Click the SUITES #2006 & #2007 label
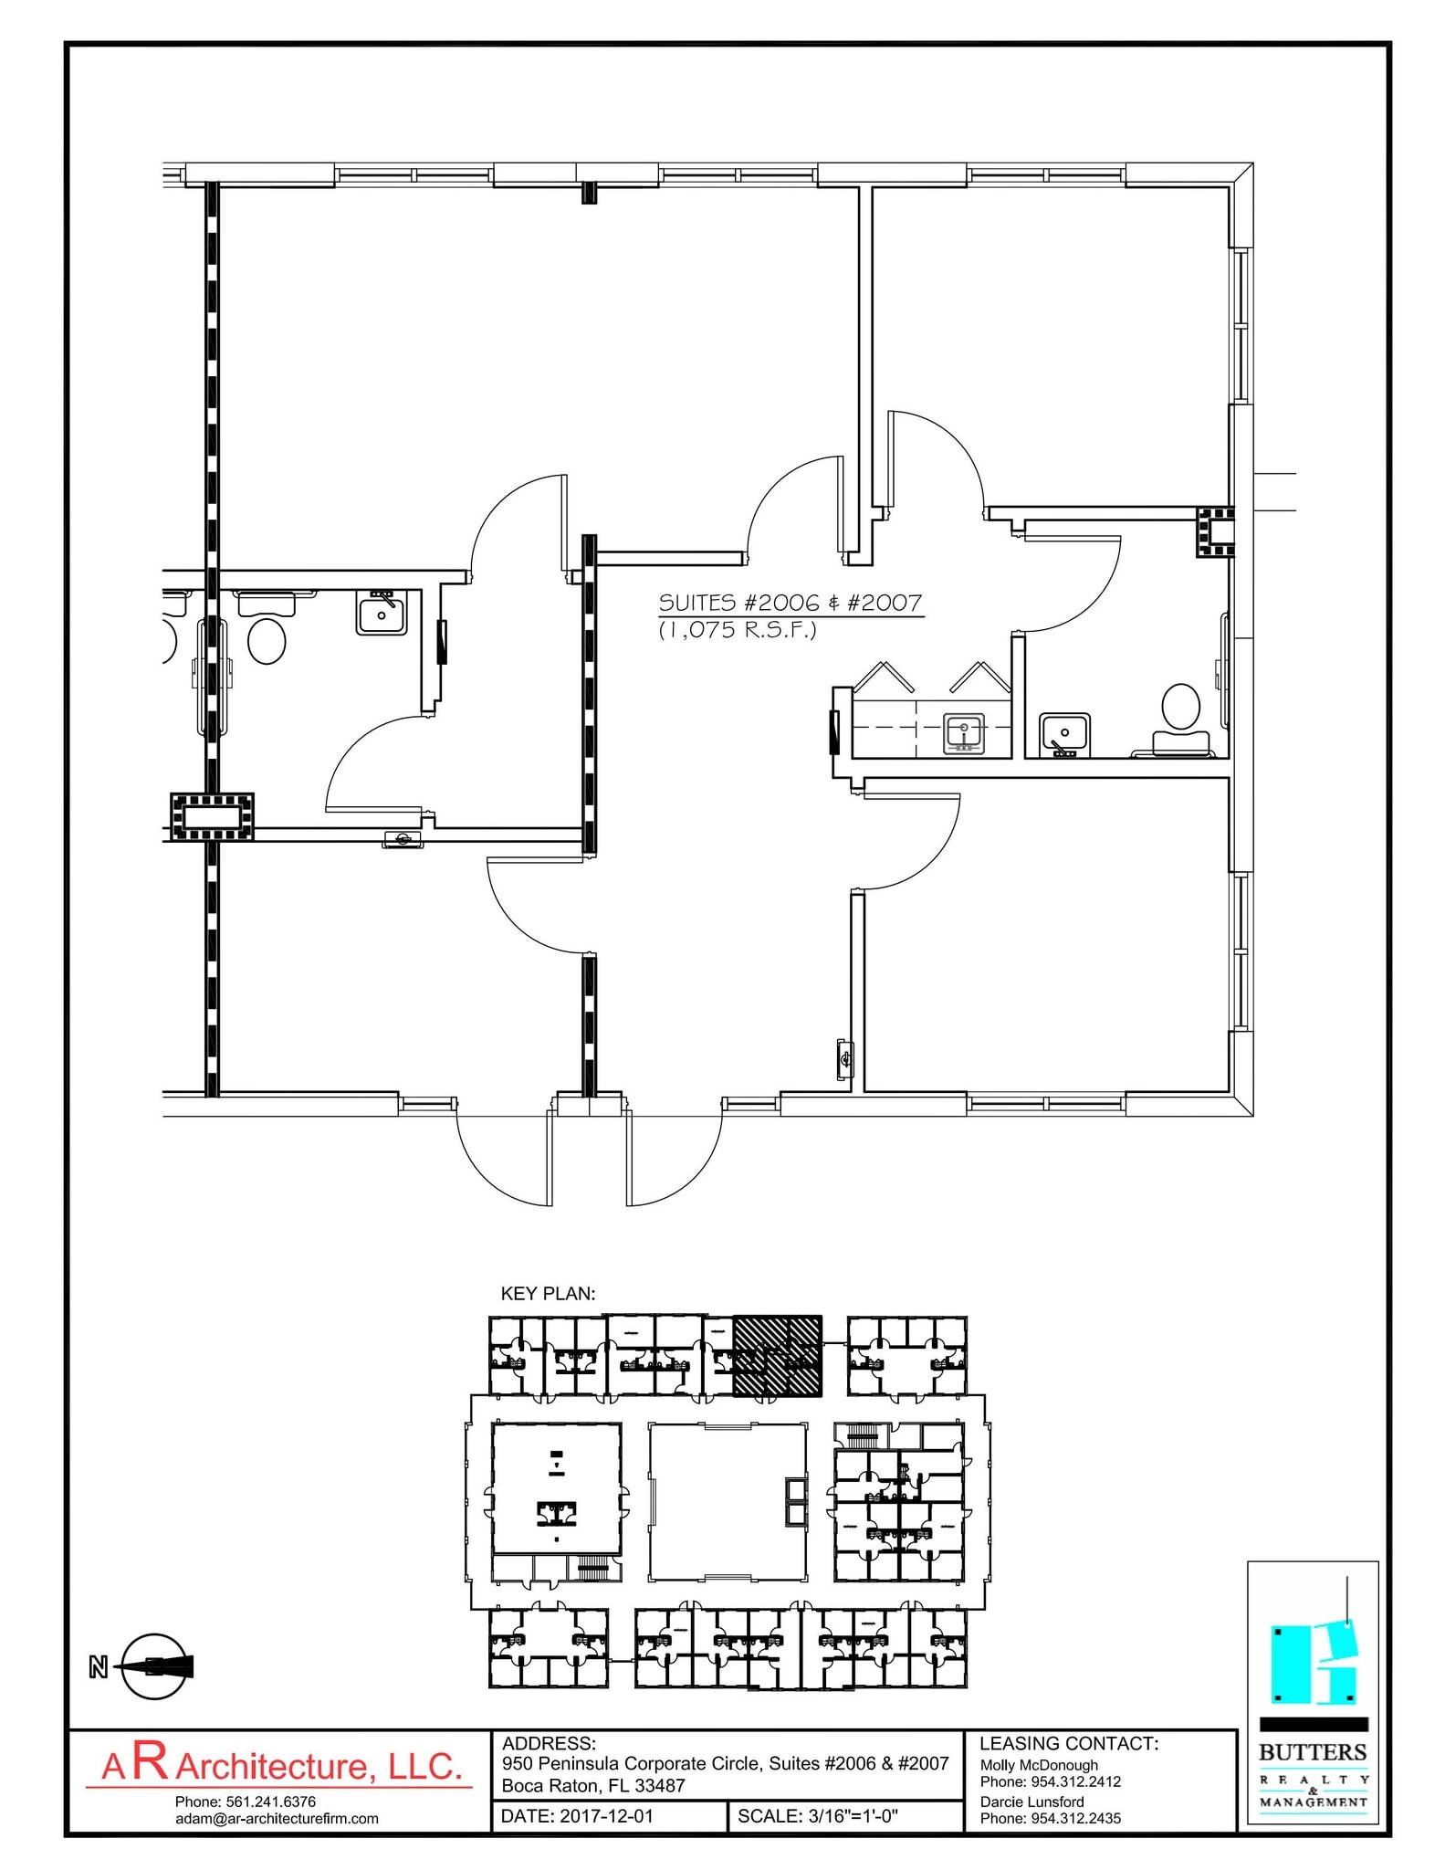791,603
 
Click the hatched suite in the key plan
777,1355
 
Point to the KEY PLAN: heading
548,1294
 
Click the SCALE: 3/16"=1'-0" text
818,1816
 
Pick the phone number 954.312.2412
1073,1781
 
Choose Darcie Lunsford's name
1031,1802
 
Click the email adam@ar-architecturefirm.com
277,1819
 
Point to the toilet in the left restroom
267,640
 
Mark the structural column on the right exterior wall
1215,531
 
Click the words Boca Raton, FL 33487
593,1786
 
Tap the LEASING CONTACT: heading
1069,1744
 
